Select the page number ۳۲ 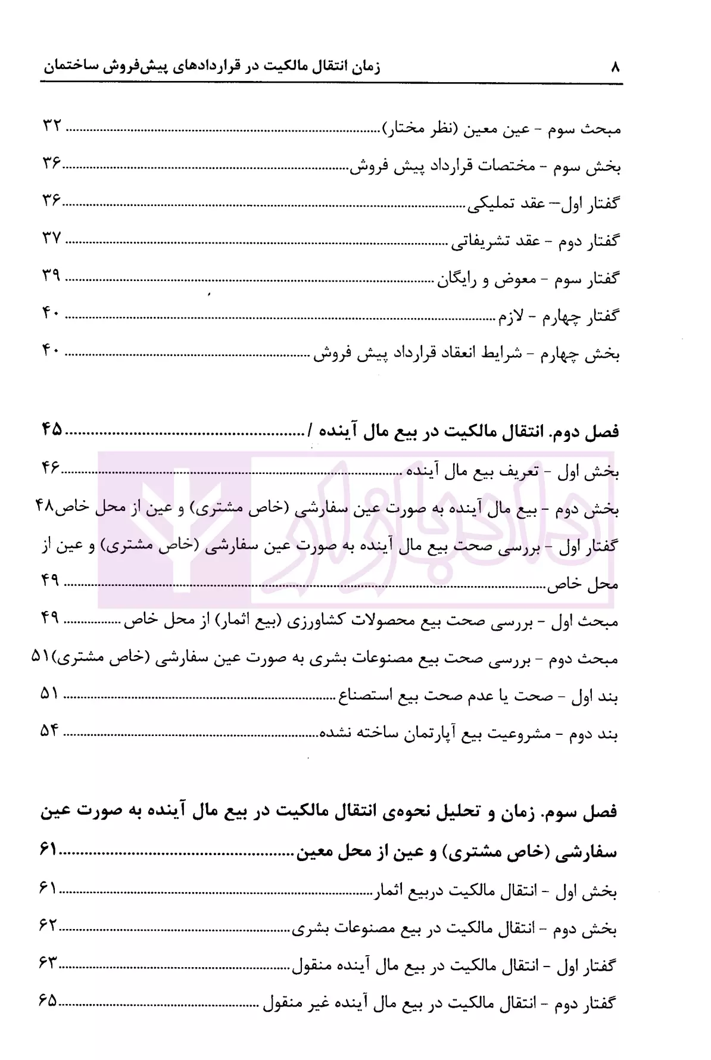52,127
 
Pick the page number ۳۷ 52,239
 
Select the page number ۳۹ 52,276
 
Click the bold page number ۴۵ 52,429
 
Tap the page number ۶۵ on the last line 48,1000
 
